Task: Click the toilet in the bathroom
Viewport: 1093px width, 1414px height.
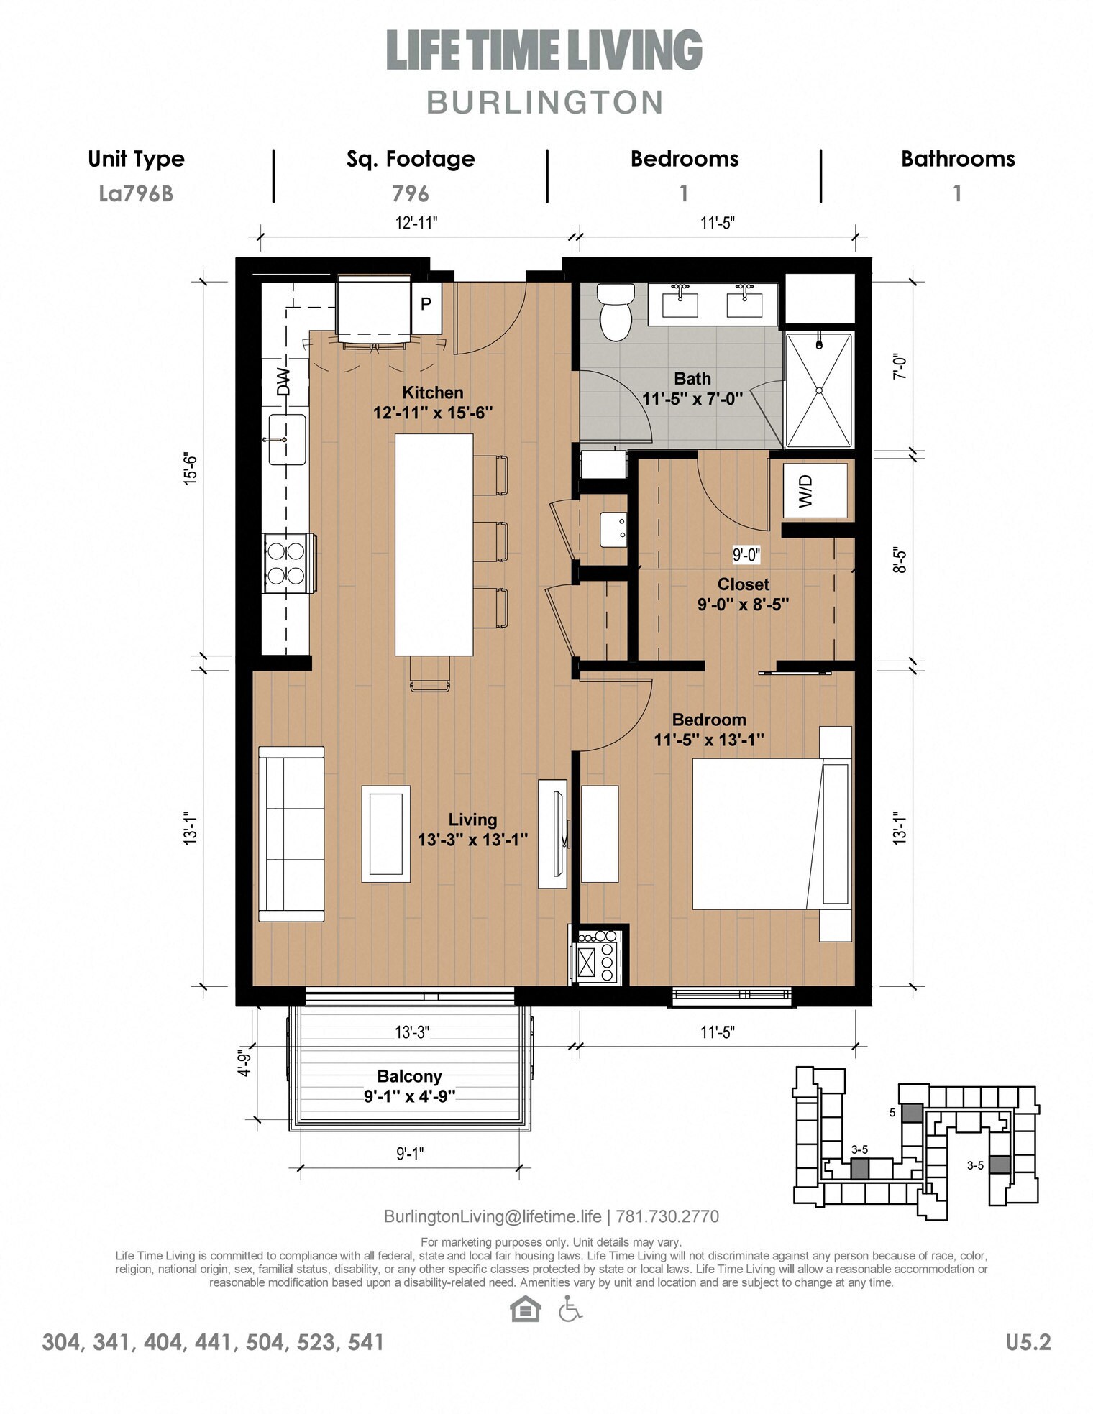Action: tap(616, 311)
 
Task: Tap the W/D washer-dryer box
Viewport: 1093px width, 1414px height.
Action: tap(815, 490)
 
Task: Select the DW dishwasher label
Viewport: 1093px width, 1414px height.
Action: tap(283, 382)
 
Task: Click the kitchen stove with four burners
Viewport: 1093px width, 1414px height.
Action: tap(288, 563)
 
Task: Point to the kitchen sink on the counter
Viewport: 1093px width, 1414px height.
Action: tap(288, 439)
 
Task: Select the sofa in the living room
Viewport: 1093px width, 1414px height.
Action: tap(291, 834)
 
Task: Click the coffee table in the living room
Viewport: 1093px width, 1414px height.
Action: tap(385, 834)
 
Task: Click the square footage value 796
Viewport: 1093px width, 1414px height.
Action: tap(410, 193)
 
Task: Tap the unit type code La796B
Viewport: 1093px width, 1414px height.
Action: tap(136, 193)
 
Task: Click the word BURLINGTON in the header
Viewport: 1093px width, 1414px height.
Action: tap(545, 102)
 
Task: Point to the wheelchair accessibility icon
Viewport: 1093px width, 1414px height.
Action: tap(570, 1308)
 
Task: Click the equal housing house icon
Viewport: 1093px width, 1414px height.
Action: tap(525, 1308)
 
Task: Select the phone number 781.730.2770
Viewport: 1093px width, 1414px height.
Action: tap(667, 1216)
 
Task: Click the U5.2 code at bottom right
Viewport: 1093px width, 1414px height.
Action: tap(1028, 1342)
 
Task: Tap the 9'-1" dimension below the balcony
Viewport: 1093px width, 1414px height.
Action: tap(410, 1154)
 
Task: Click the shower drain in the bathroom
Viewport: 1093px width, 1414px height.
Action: tap(818, 390)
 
